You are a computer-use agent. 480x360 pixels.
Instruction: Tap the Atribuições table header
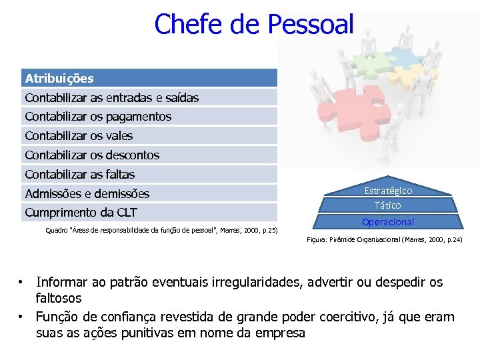pos(59,79)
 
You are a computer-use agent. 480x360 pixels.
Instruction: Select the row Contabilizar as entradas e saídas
pos(111,98)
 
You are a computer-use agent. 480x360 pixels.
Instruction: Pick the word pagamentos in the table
pos(141,117)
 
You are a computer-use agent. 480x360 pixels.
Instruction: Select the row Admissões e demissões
pos(87,194)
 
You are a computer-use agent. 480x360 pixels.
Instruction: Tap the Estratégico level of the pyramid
pos(387,191)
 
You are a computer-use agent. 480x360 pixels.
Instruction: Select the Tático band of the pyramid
pos(387,205)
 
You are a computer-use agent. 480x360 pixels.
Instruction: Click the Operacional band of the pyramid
pos(387,222)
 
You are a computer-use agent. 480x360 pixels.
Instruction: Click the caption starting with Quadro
pos(161,231)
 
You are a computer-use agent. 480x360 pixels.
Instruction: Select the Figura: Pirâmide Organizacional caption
pos(384,239)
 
